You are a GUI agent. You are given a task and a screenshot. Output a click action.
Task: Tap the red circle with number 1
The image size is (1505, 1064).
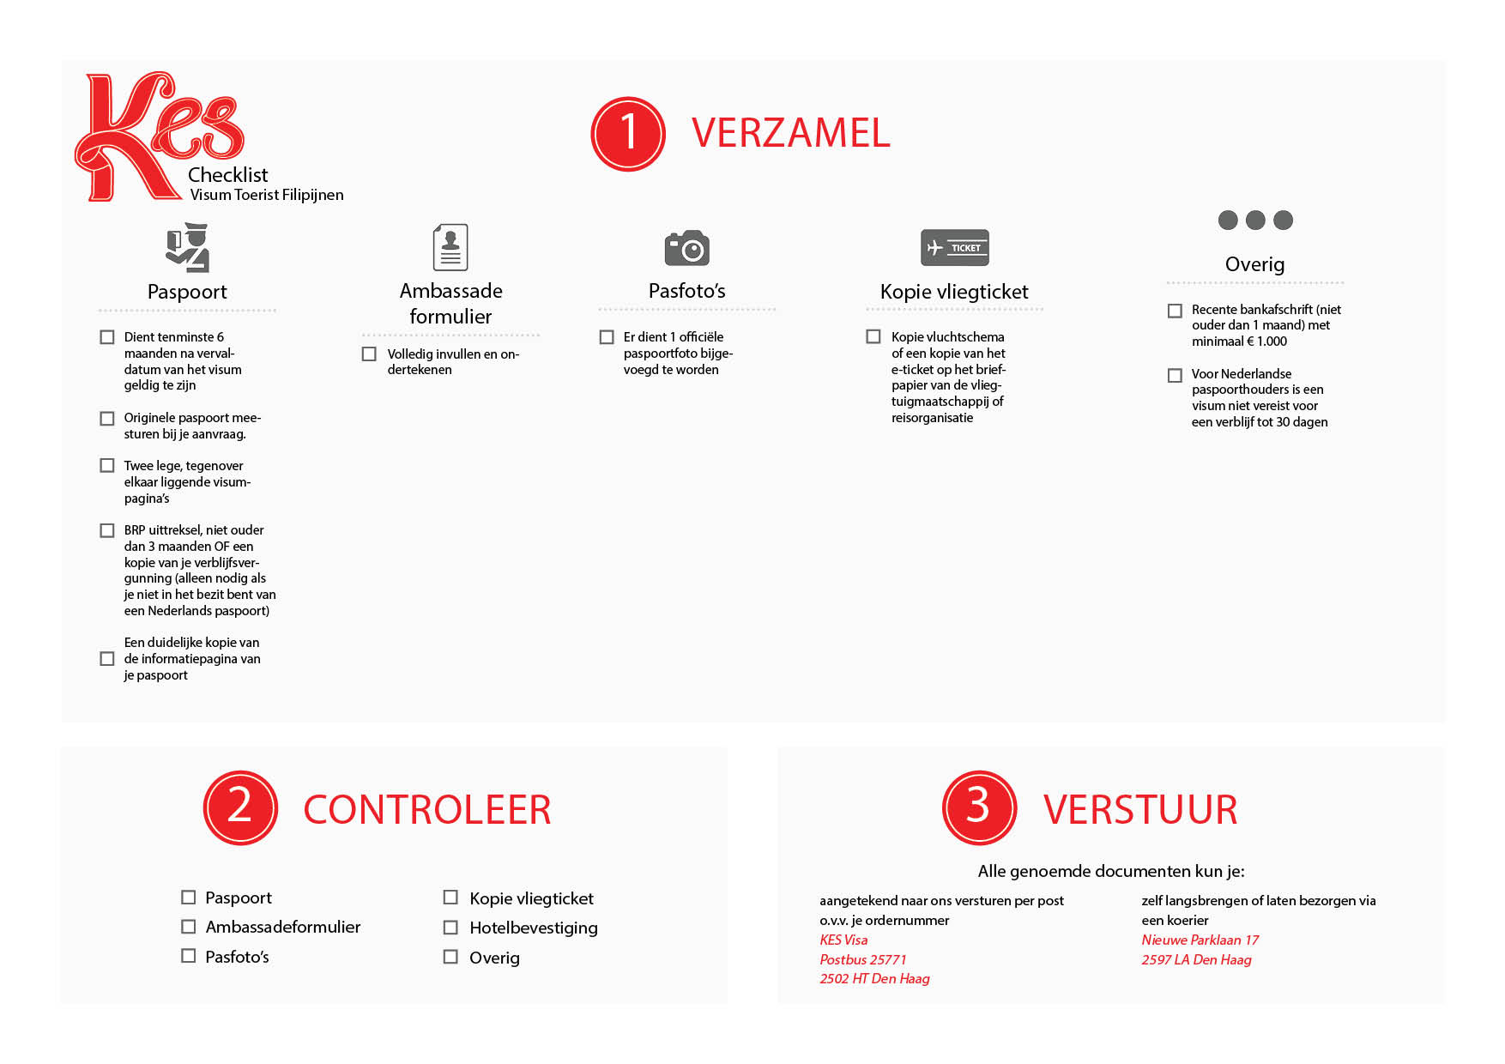tap(628, 134)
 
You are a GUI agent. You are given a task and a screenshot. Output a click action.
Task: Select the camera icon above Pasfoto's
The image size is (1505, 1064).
tap(686, 248)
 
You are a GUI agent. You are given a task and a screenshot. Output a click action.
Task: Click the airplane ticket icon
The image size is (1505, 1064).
tap(954, 248)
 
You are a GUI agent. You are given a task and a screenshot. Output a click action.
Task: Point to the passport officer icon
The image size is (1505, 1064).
tap(188, 248)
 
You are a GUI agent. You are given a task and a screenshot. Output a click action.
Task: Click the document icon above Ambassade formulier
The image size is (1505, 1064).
tap(450, 247)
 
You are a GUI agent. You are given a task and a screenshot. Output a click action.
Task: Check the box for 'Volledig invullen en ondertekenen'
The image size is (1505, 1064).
tap(369, 354)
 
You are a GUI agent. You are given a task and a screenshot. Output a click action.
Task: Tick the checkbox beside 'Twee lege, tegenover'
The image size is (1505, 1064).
tap(107, 465)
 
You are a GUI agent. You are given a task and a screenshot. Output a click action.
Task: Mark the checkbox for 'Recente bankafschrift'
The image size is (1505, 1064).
tap(1175, 310)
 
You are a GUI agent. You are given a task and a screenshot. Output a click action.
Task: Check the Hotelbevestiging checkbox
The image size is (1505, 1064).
tap(450, 927)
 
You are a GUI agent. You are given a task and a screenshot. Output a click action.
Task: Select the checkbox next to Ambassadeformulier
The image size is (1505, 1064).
tap(188, 926)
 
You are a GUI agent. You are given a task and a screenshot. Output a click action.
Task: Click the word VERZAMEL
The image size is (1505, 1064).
tap(790, 134)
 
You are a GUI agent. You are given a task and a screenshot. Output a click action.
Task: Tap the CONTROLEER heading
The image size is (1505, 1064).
tap(426, 810)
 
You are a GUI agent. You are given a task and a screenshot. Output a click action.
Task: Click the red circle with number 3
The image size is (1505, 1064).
tap(979, 807)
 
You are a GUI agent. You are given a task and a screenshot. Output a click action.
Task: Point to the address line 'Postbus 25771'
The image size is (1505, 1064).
tap(862, 959)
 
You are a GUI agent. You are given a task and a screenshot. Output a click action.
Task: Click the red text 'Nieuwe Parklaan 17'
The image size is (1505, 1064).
tap(1200, 940)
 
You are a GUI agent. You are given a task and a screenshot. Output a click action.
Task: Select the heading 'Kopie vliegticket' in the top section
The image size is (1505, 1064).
tap(953, 292)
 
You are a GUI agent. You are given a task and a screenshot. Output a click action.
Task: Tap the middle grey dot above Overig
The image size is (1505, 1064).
tap(1255, 220)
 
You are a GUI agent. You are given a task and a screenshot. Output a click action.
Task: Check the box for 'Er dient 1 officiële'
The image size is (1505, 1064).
tap(607, 337)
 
